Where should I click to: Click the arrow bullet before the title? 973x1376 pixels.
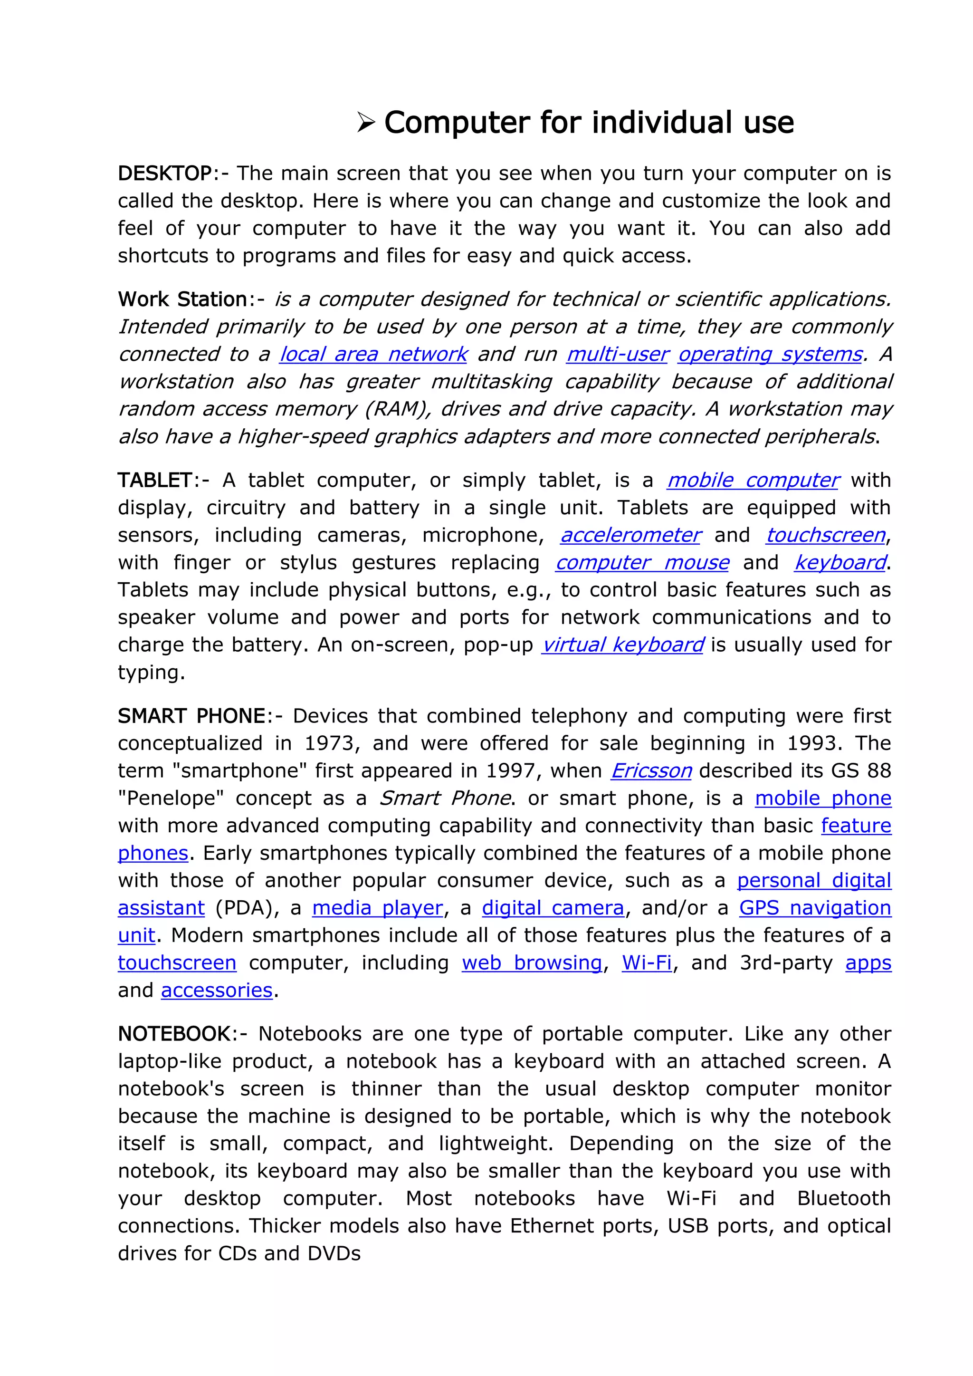(x=365, y=123)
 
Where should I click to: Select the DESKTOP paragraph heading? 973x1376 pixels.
(x=164, y=173)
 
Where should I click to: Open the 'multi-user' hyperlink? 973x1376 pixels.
(x=617, y=354)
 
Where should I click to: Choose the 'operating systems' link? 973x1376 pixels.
(x=770, y=354)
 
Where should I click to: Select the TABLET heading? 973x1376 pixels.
(x=154, y=481)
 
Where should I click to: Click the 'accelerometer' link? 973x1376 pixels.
(x=630, y=535)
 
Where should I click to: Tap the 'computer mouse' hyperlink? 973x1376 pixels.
(x=642, y=563)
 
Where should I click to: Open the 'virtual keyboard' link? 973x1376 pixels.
(x=622, y=645)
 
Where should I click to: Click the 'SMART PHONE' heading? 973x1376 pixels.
(x=191, y=716)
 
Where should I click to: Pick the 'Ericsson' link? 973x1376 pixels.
(x=651, y=771)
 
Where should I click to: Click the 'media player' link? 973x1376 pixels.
(x=377, y=908)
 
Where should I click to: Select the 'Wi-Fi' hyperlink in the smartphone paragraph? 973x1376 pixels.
(x=647, y=963)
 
